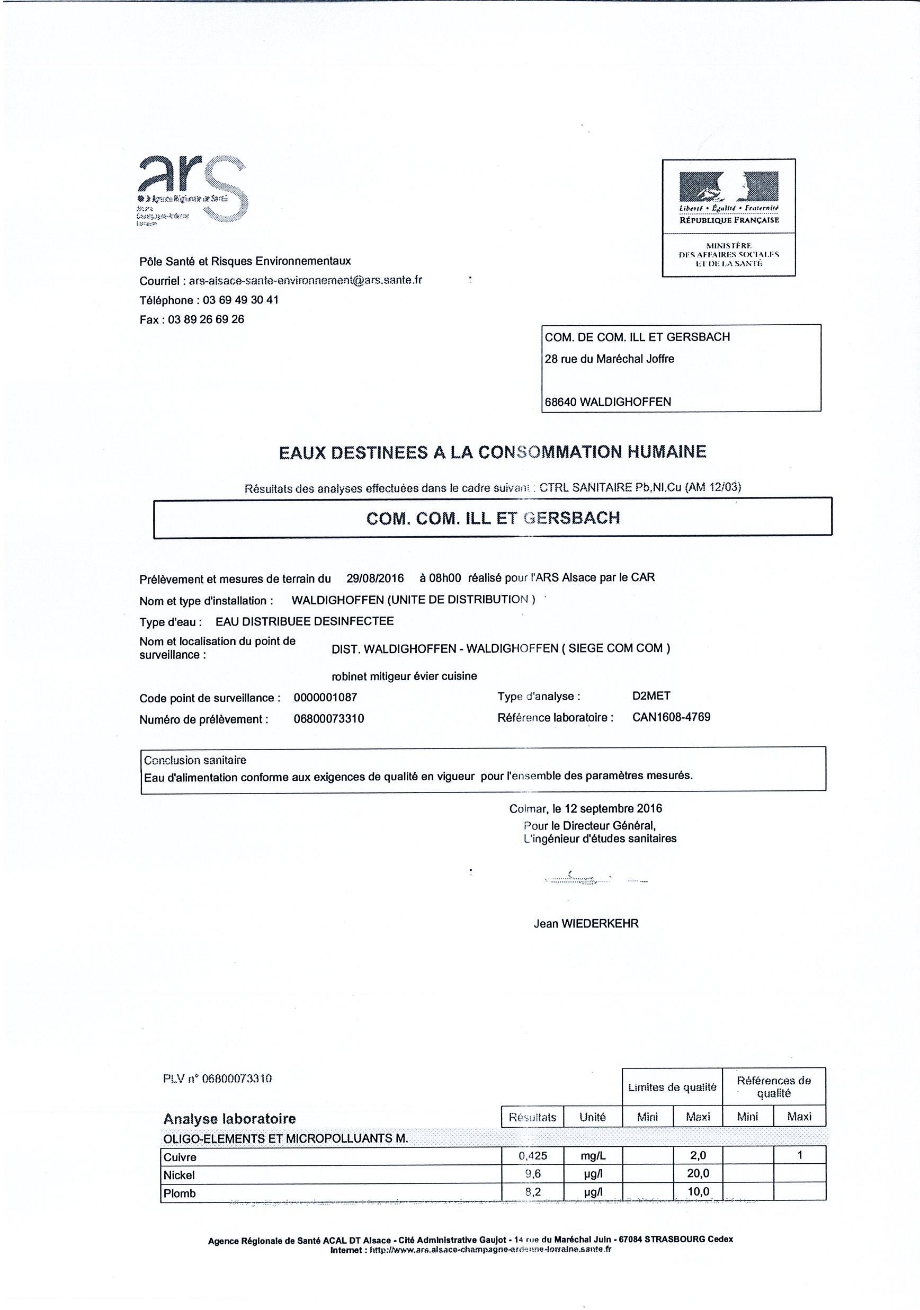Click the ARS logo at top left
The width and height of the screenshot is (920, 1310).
[192, 190]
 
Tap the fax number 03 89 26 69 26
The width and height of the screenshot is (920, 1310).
[206, 319]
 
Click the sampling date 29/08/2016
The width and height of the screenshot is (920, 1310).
[375, 578]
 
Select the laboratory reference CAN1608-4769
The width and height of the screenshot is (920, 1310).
[671, 717]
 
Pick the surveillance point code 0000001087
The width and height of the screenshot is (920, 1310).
[325, 697]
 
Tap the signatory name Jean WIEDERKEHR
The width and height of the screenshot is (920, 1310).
[586, 924]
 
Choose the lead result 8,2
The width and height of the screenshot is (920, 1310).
[533, 1191]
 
